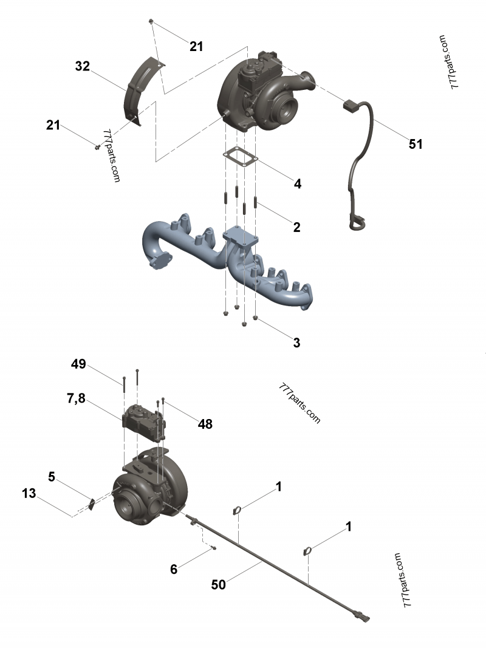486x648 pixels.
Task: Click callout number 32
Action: click(82, 66)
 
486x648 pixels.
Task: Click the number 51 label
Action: click(416, 144)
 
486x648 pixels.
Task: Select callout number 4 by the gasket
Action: click(298, 183)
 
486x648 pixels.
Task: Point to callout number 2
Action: click(296, 228)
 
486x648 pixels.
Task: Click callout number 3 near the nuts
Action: click(296, 343)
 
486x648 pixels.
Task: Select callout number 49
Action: click(78, 364)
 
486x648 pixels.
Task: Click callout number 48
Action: click(205, 424)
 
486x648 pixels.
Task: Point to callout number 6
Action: click(174, 569)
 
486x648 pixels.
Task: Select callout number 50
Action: click(218, 584)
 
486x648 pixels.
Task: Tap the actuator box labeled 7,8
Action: click(143, 421)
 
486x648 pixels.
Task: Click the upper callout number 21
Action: click(196, 46)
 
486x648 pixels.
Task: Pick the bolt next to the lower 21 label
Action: click(97, 146)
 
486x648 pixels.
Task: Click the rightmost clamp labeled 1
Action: click(308, 551)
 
